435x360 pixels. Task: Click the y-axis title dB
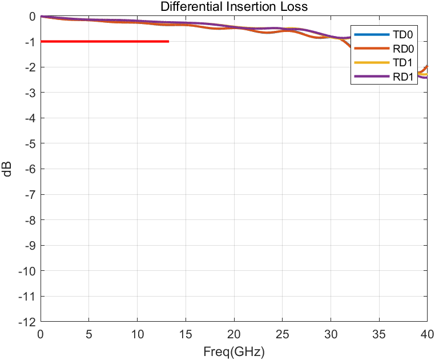(x=7, y=169)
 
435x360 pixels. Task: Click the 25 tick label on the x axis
(x=282, y=334)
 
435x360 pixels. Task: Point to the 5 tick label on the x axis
(x=88, y=334)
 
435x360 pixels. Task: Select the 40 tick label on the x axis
(x=426, y=334)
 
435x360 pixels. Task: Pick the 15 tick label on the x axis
(x=186, y=334)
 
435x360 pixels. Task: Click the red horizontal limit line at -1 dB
(x=103, y=41)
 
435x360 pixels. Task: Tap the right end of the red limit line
(x=168, y=41)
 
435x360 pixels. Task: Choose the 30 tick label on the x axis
(x=331, y=334)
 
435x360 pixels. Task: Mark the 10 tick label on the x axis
(x=137, y=334)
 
